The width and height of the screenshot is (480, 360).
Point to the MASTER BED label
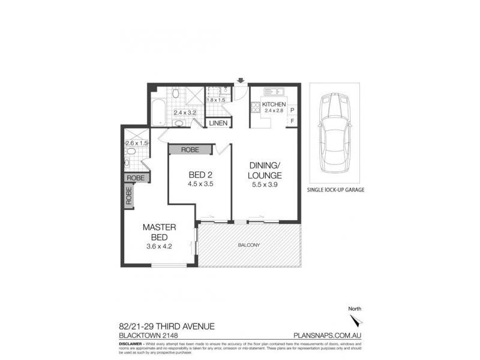pos(158,232)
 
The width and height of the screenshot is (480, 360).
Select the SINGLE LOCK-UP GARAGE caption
pos(335,190)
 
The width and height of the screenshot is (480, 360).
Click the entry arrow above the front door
pos(241,81)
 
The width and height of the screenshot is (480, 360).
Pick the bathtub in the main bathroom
pos(157,113)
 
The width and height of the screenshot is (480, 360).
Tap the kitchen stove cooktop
pos(255,108)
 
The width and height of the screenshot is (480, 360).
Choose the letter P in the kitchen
pos(292,110)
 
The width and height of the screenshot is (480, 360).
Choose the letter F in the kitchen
pos(292,122)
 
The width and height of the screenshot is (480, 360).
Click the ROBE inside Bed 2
pos(190,149)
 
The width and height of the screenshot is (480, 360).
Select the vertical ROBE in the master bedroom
pos(128,197)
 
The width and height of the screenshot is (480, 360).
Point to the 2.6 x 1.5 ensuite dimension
pos(136,143)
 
